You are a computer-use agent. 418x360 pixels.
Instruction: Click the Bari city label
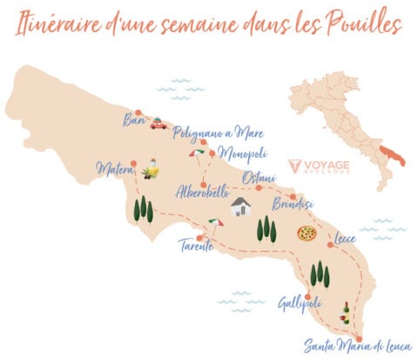coord(134,119)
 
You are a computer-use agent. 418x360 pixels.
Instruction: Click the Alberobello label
coord(202,193)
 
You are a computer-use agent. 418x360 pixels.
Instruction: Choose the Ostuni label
coord(259,177)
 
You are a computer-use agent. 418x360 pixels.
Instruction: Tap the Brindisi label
coord(297,206)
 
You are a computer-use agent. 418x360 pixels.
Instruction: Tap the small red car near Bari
coord(158,125)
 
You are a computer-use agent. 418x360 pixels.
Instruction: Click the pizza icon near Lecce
coord(306,233)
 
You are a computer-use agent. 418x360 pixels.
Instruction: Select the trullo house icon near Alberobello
coord(241,207)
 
